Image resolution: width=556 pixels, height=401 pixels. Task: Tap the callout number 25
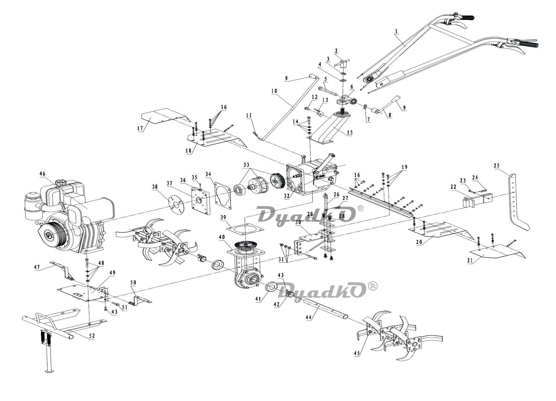(496, 166)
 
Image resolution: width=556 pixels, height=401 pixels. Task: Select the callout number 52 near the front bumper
(92, 336)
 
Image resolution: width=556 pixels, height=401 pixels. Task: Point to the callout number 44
(308, 317)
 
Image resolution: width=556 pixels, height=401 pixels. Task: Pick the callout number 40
(221, 237)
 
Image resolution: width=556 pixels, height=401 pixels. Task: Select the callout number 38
(155, 187)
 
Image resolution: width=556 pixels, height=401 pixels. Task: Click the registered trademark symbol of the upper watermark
(360, 209)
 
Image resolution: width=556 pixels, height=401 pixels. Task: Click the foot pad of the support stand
(48, 371)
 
